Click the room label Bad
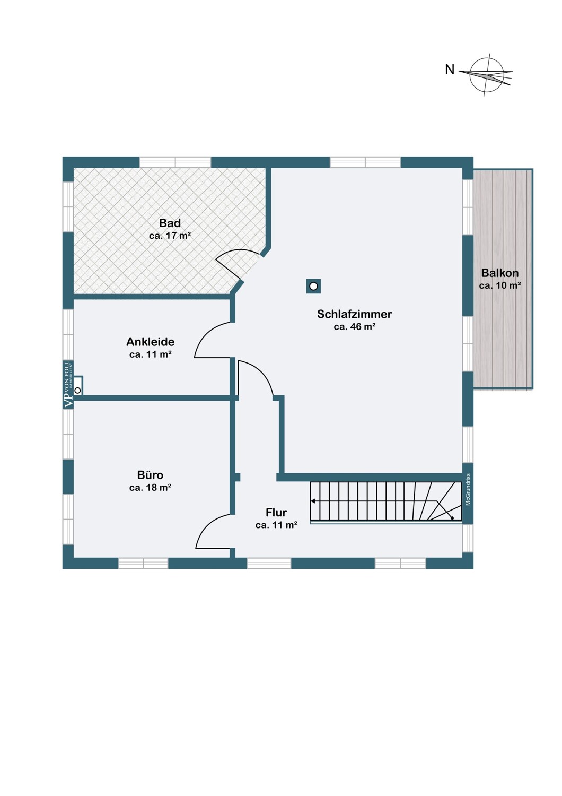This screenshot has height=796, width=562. point(170,223)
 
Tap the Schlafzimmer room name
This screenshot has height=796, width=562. point(354,314)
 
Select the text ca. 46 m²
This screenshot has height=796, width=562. point(354,327)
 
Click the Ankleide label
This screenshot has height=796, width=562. point(150,342)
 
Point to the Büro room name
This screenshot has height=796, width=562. point(150,475)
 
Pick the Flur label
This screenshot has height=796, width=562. point(276,512)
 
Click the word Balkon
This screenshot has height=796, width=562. point(499,273)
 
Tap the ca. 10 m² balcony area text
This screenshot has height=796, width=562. point(499,285)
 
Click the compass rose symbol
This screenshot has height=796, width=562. point(487,74)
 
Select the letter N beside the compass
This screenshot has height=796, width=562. point(450,70)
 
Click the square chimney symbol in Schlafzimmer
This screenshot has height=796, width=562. point(313,287)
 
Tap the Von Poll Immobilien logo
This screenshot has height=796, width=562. point(68,384)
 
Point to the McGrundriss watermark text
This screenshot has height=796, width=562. point(468,489)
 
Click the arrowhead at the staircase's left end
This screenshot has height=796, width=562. point(313,501)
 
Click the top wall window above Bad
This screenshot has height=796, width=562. point(175,162)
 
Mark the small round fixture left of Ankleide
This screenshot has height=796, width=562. point(77,391)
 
